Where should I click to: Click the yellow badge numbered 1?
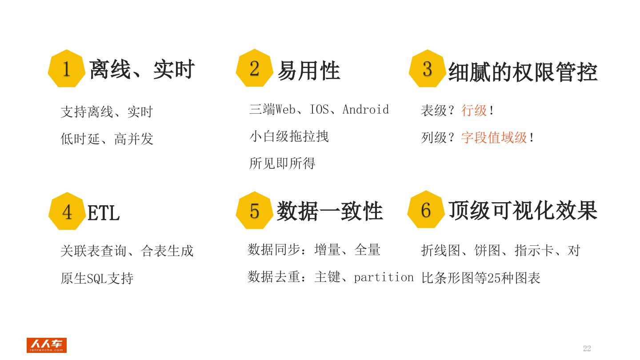click(66, 69)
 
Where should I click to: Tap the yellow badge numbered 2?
click(254, 68)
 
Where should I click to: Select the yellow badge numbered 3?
click(427, 68)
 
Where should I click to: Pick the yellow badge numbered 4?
click(67, 212)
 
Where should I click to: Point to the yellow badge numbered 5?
click(254, 211)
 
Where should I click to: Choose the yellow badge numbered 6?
click(426, 210)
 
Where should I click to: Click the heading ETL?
click(104, 213)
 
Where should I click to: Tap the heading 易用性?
click(309, 71)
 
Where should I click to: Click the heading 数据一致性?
click(329, 211)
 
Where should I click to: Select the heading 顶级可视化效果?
click(523, 210)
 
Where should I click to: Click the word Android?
click(366, 109)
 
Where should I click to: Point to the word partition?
click(384, 277)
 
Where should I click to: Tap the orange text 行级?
click(474, 110)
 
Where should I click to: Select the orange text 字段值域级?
click(494, 137)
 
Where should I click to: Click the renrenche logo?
click(46, 345)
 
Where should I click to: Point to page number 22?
click(587, 348)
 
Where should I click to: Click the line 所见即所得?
click(282, 164)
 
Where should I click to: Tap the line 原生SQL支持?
click(97, 279)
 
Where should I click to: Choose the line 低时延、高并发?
click(107, 139)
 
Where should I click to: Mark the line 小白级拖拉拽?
click(289, 136)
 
